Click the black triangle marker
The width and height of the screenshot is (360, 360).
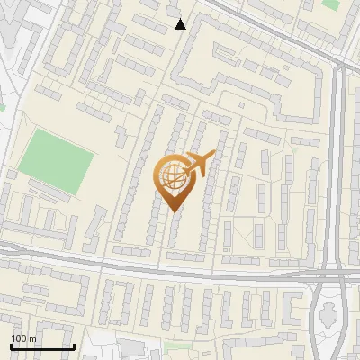point(181,24)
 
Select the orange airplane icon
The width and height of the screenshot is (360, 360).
point(201,163)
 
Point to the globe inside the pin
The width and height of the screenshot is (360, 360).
point(173,175)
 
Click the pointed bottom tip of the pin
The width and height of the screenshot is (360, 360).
point(174,211)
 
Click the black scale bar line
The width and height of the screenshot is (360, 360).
point(42,346)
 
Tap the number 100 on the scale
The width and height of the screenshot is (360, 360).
point(20,338)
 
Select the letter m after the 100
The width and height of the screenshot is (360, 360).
point(33,338)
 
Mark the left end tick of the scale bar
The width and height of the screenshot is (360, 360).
point(11,346)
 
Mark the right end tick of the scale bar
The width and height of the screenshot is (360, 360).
point(74,346)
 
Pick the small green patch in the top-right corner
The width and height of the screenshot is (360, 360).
point(331,4)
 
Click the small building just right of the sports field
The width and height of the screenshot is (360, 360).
point(121,135)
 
